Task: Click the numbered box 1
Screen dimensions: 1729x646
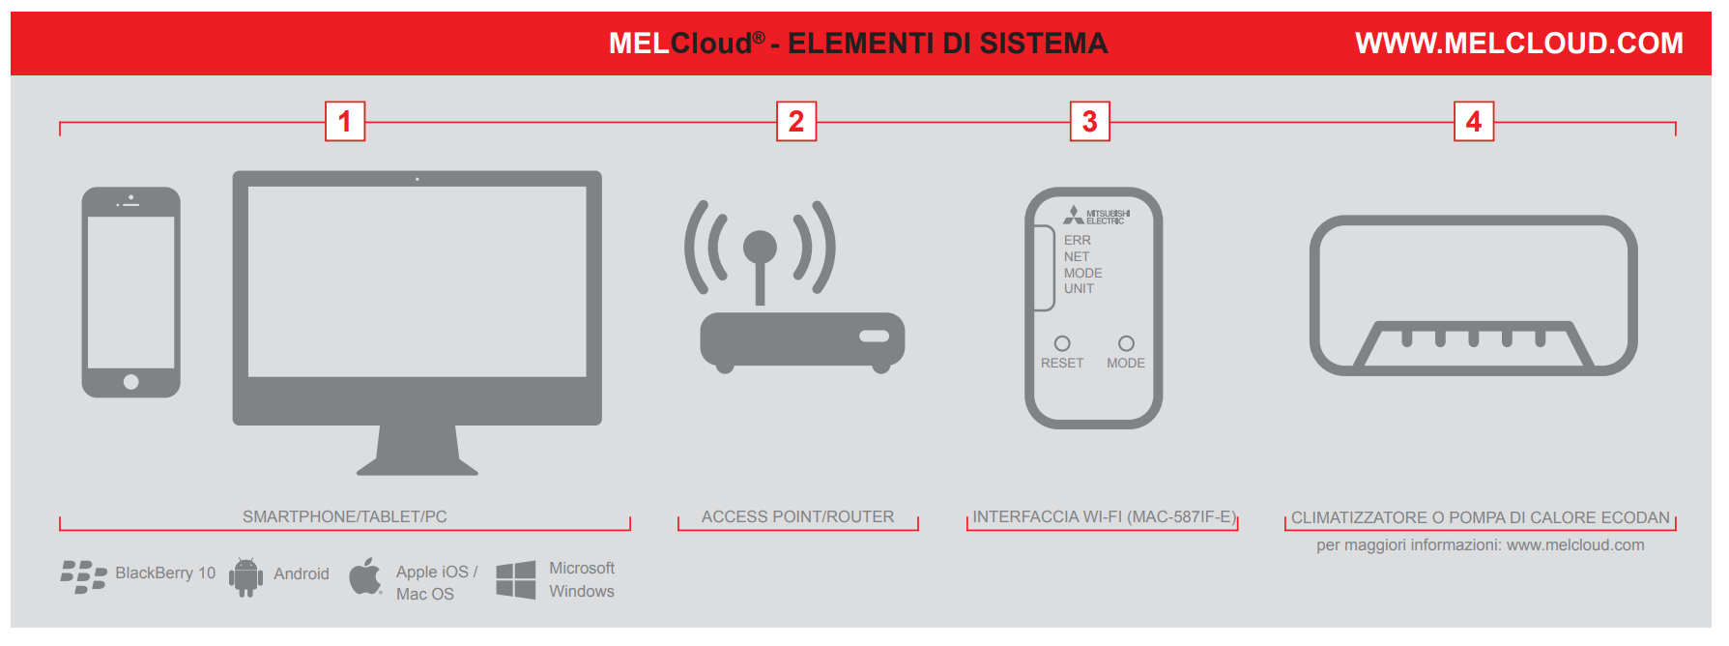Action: click(345, 122)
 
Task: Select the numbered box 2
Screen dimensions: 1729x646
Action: click(796, 122)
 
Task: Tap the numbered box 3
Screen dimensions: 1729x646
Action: click(1090, 122)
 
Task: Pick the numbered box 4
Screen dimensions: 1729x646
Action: click(1474, 122)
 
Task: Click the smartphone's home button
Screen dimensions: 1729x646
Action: click(131, 382)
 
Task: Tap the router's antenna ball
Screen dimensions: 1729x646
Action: click(760, 247)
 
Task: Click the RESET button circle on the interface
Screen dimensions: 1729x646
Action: click(1062, 343)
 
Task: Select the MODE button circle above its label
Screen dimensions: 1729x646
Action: click(1126, 343)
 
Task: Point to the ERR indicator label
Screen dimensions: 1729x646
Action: click(1078, 240)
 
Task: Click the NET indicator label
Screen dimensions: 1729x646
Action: click(1077, 256)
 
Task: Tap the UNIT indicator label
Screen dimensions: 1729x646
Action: click(1080, 288)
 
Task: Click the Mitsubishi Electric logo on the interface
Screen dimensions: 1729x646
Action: click(1096, 216)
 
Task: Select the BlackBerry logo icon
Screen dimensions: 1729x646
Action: click(83, 576)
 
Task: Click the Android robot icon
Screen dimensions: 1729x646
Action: click(245, 577)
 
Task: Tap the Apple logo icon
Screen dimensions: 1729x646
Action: click(365, 576)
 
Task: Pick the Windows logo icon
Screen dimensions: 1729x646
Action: click(515, 580)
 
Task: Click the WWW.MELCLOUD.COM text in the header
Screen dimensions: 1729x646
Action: click(1519, 44)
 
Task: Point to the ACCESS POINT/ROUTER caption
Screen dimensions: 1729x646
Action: click(797, 517)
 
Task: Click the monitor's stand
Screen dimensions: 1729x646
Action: click(418, 451)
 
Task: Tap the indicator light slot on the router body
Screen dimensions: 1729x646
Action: click(875, 337)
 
